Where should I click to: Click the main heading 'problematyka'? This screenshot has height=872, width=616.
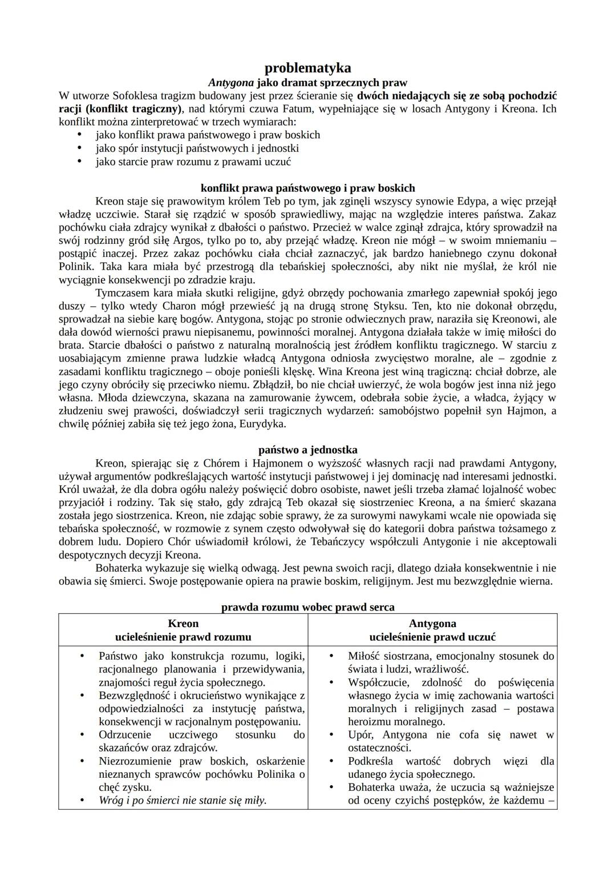pos(307,68)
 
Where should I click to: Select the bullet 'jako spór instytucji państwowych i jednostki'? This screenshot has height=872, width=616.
pos(197,148)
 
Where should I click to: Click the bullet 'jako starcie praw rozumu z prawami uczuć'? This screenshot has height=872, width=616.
pos(193,162)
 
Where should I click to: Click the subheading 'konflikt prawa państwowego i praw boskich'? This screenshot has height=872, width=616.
pos(307,188)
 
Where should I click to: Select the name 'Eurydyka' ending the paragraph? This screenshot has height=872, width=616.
pos(262,424)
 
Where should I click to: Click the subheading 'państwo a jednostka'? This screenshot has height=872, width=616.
pos(307,450)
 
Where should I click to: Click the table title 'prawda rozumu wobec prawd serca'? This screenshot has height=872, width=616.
pos(307,607)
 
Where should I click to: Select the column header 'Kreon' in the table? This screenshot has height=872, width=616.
pos(183,624)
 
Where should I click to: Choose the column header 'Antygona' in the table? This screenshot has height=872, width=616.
pos(432,624)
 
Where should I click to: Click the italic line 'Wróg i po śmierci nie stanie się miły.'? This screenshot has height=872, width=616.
pos(183,801)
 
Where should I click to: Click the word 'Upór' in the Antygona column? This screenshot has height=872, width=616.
pos(360,735)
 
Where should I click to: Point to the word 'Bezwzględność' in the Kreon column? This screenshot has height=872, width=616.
pos(134,696)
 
